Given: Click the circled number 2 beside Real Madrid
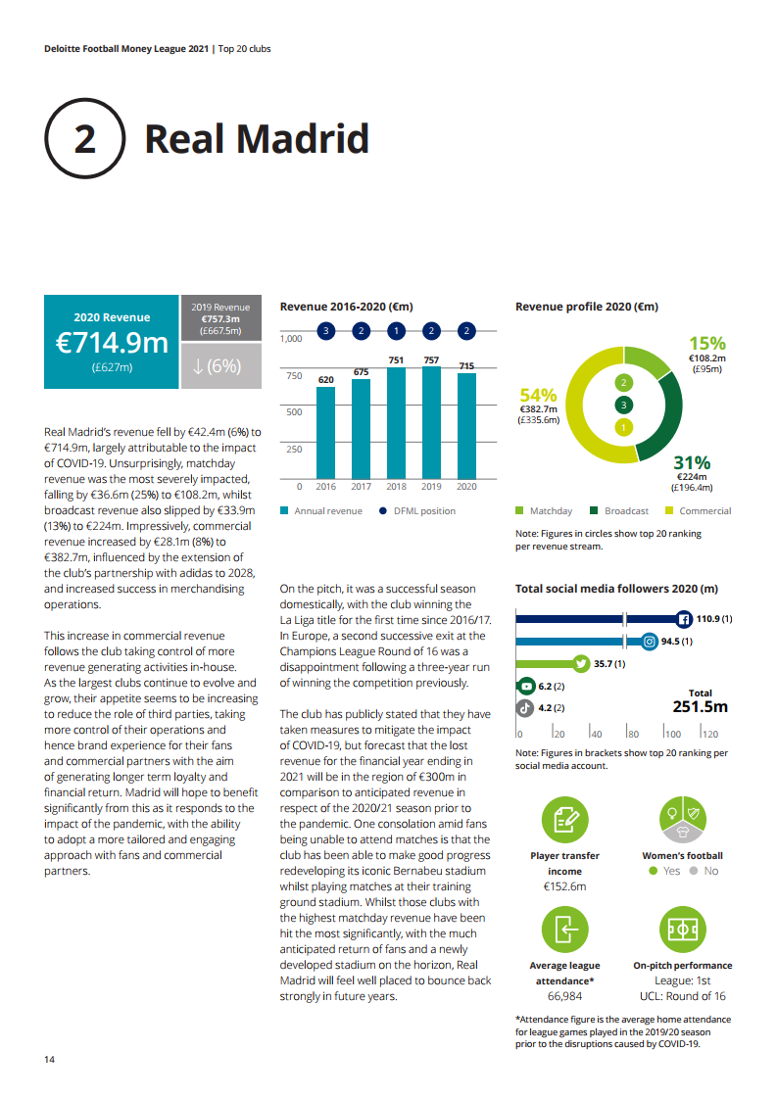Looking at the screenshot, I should point(85,139).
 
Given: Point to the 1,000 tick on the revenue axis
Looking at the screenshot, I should point(291,339).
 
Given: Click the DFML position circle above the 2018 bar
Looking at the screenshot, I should point(396,331).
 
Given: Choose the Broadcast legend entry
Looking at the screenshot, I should point(619,511).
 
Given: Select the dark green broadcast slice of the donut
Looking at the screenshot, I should point(665,416).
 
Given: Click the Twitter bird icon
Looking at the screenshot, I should point(580,664).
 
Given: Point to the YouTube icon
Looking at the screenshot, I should point(525,687).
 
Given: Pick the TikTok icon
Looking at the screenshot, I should point(525,707).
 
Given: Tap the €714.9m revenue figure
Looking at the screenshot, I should point(112,343).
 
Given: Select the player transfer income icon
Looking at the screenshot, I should point(565,820).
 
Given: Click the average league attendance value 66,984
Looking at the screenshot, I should point(565,996).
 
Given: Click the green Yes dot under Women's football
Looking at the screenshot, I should point(654,871).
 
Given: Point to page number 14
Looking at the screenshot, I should point(49,1060).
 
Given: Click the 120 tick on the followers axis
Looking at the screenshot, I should point(710,734).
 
